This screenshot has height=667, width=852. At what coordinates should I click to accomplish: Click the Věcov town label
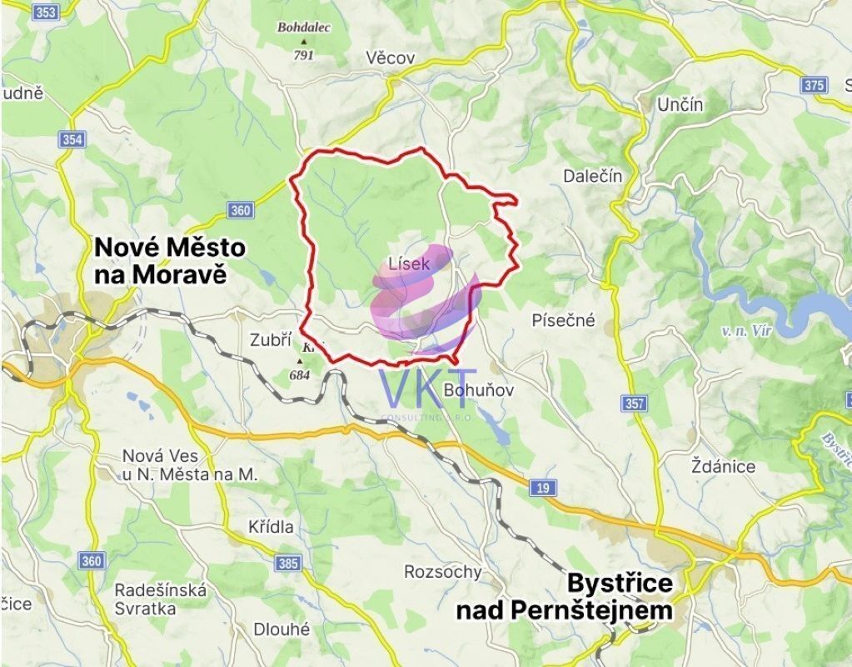tap(391, 58)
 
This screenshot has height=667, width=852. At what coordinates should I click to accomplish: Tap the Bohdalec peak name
tap(304, 28)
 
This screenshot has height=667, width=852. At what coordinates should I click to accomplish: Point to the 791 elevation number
tap(303, 55)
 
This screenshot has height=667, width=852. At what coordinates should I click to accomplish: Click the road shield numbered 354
tap(72, 139)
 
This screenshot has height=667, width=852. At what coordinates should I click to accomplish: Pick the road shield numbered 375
tap(814, 85)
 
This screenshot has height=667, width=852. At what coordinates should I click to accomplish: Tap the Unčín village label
tap(680, 105)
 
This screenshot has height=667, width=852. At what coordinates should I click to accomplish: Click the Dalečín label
tap(593, 176)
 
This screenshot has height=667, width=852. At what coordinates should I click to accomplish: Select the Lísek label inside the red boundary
tap(410, 264)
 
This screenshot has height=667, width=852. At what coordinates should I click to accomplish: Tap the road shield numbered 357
tap(634, 404)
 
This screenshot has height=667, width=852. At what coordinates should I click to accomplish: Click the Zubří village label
tap(271, 340)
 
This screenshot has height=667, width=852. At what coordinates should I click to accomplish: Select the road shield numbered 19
tap(543, 488)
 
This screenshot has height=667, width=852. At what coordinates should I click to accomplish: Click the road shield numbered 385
tap(288, 564)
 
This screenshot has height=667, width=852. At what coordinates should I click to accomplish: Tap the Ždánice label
tap(724, 466)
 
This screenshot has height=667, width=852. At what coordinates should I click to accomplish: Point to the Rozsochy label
tap(443, 572)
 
